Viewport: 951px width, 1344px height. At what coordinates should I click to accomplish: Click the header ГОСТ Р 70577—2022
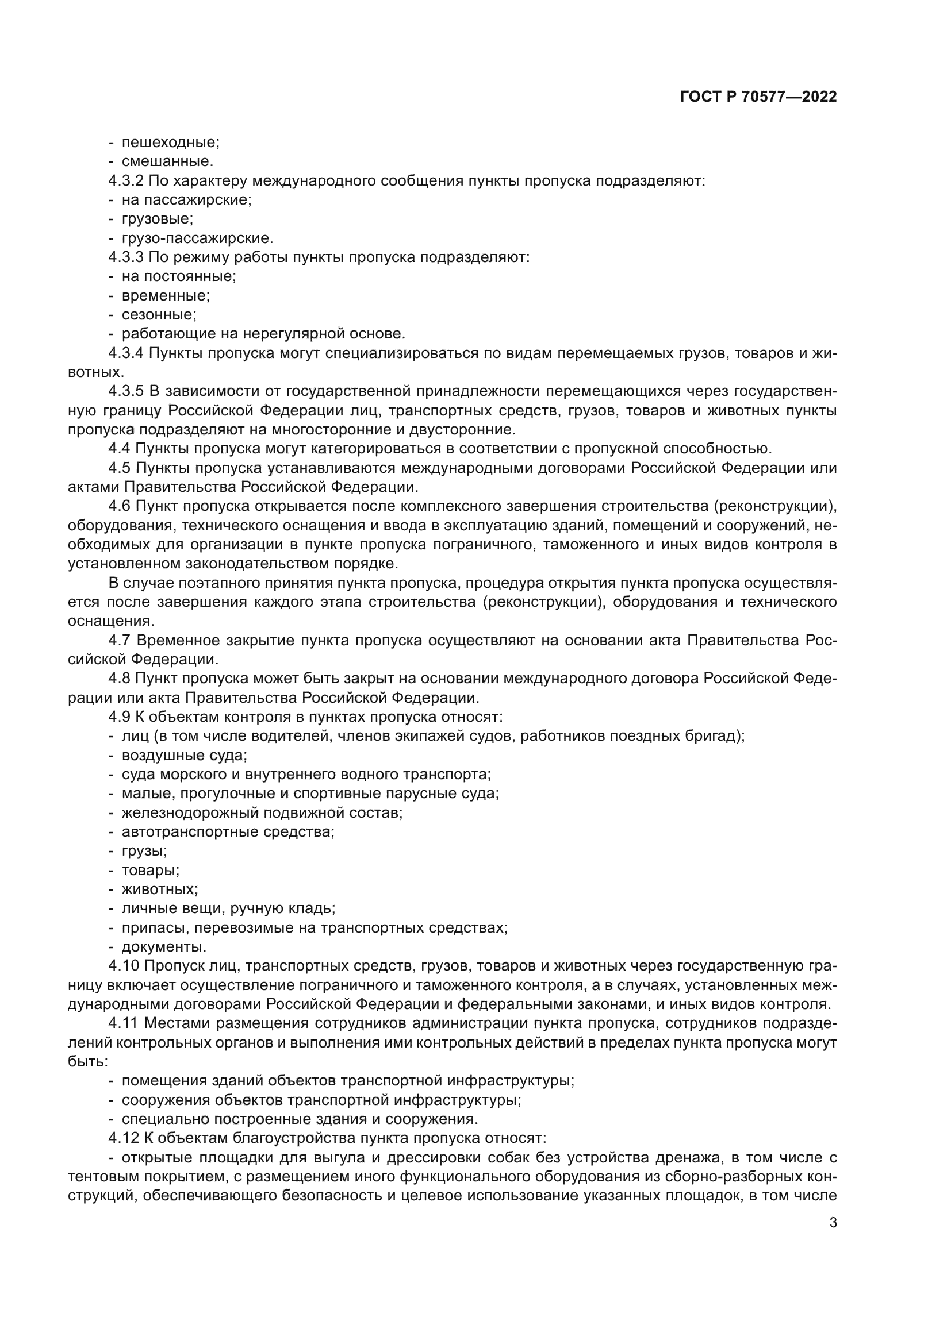click(758, 97)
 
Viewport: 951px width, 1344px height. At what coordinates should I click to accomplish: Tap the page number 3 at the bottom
click(833, 1222)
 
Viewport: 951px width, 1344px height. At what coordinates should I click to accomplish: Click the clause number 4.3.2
click(126, 181)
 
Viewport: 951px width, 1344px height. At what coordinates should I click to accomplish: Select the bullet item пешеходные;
click(170, 143)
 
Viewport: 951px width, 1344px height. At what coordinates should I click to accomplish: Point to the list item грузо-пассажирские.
click(197, 238)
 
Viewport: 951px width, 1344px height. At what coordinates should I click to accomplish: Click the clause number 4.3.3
click(126, 257)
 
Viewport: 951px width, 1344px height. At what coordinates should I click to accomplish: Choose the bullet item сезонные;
click(159, 315)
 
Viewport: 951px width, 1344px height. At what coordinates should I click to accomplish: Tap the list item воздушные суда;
click(184, 756)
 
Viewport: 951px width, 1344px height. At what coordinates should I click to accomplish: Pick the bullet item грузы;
click(144, 851)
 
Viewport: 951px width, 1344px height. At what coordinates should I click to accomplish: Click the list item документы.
click(163, 947)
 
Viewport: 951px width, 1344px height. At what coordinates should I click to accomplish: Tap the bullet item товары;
click(151, 871)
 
